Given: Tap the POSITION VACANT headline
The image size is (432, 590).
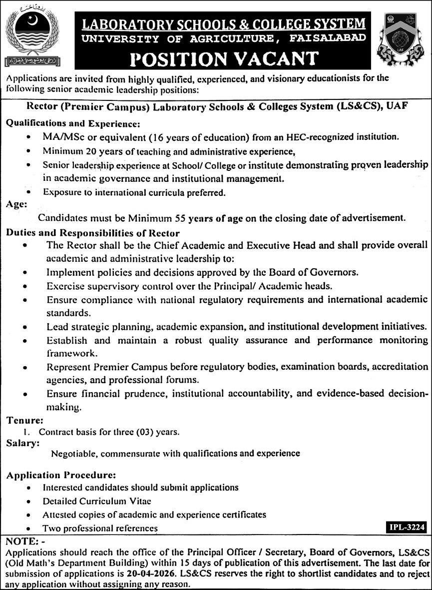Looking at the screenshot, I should click(x=224, y=58).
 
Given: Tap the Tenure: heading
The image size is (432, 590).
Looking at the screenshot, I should click(x=24, y=421).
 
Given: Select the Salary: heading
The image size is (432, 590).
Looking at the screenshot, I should click(x=22, y=443).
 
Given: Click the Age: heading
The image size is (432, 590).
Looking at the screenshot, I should click(x=16, y=204).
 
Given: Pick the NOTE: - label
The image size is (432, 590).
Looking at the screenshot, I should click(x=25, y=542).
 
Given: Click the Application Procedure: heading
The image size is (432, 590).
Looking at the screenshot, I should click(x=61, y=475).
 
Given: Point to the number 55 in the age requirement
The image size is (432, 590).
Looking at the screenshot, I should click(x=181, y=218).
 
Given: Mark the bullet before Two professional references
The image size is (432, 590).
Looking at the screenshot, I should click(x=31, y=529).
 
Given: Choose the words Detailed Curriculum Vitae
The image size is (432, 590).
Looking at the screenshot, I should click(x=96, y=501).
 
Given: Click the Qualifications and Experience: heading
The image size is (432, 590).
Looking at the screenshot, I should click(x=73, y=122).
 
